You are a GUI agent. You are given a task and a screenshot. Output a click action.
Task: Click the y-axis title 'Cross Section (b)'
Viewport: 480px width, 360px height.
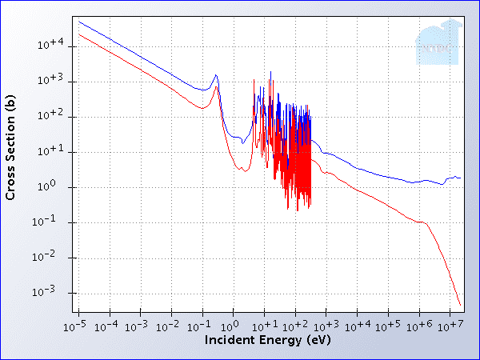point(10,147)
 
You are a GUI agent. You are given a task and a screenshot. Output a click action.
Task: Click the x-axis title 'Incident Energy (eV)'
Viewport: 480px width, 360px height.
point(267,340)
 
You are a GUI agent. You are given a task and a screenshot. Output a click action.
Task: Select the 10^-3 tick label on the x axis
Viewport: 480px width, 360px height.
point(138,326)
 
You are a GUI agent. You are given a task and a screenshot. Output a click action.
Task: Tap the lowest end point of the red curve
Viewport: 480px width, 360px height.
point(461,305)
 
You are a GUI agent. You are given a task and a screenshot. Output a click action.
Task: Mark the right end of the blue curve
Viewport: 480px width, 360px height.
point(461,178)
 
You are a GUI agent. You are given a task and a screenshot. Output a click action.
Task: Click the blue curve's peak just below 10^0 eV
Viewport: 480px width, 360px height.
point(216,75)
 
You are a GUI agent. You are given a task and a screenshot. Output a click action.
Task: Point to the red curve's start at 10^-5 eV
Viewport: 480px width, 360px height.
point(78,34)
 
